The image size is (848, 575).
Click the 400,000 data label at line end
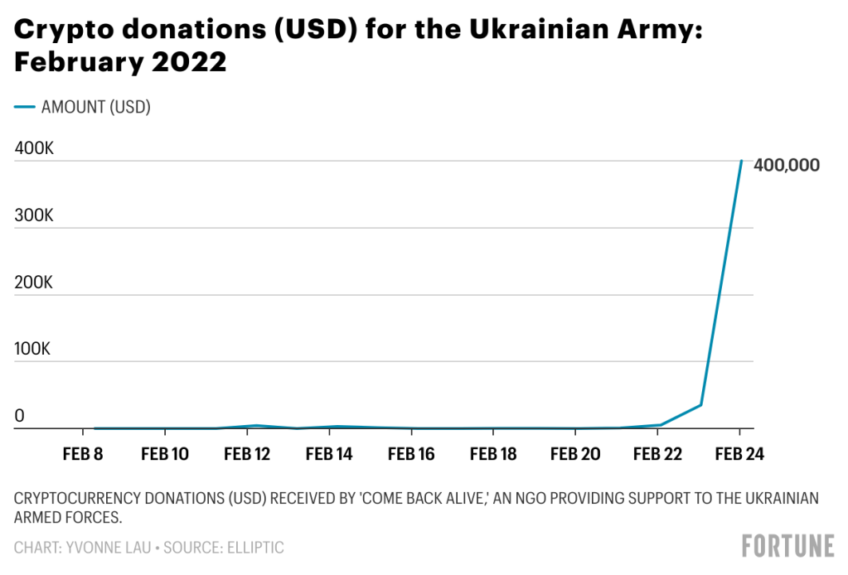[787, 165]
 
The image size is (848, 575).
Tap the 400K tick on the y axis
[34, 149]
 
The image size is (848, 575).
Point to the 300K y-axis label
[34, 215]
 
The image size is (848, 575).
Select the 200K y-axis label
[34, 283]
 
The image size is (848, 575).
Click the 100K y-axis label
[33, 349]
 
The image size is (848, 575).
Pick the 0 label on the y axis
[19, 416]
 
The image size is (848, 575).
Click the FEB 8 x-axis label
[83, 454]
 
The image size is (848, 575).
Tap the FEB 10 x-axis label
[165, 454]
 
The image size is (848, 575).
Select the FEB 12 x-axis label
[247, 454]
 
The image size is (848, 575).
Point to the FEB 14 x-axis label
[329, 454]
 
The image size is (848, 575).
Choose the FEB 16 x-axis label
[411, 454]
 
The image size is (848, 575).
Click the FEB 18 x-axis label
[493, 454]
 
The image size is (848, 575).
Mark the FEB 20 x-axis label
[575, 454]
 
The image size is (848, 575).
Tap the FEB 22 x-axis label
[657, 454]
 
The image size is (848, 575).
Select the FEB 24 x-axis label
[739, 454]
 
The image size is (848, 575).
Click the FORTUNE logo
[787, 546]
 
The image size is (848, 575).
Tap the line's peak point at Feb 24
[740, 161]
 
